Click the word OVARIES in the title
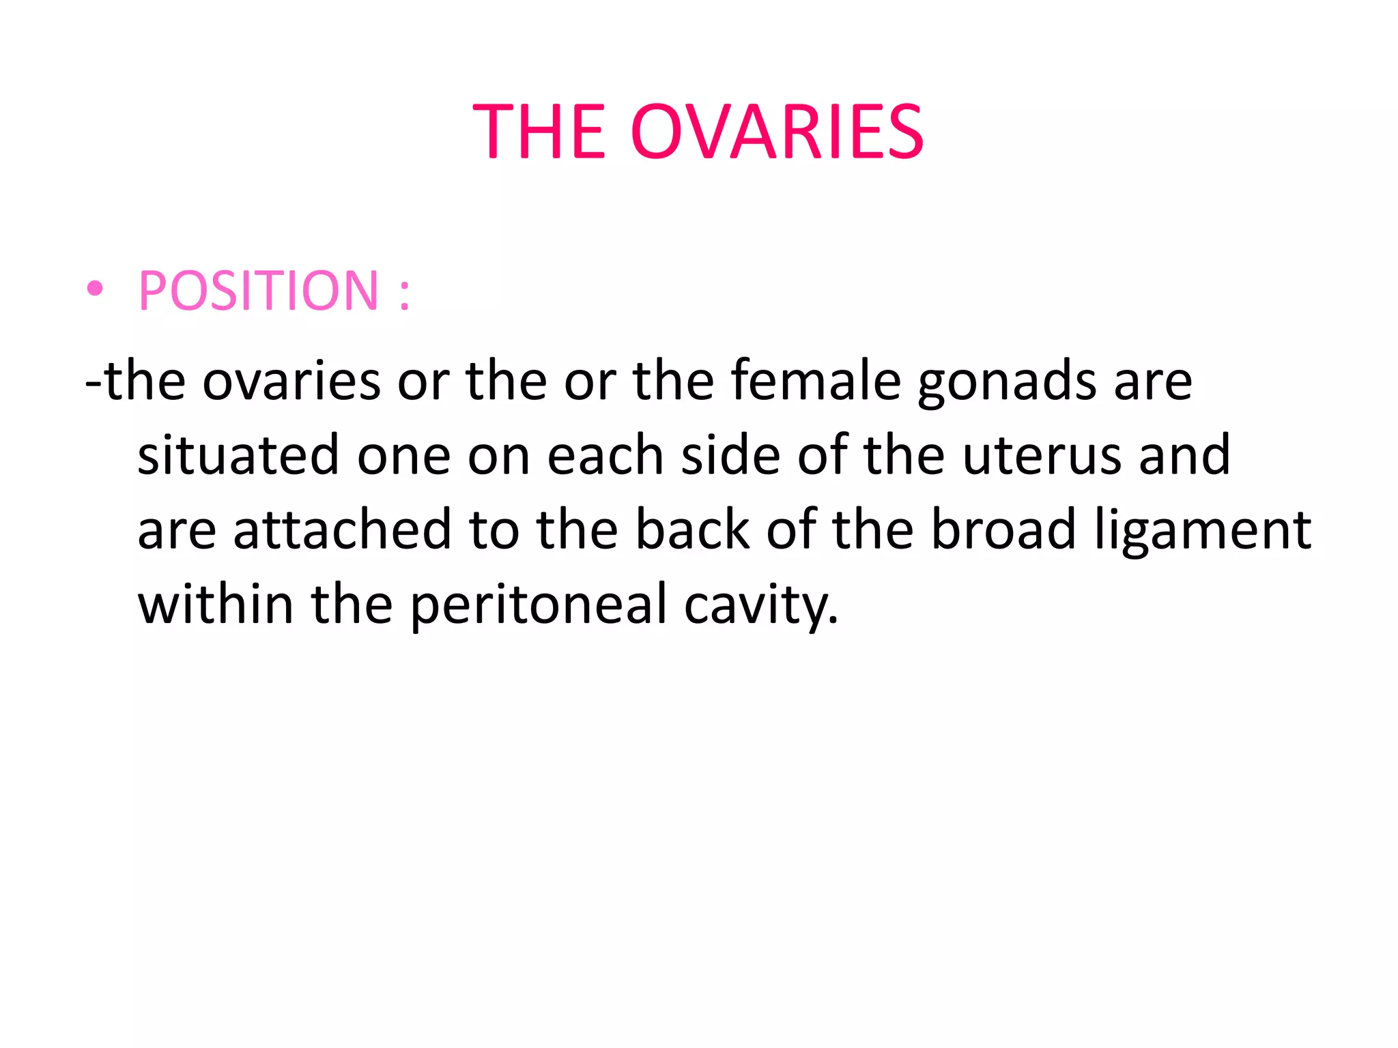777,132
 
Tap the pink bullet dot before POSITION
95,289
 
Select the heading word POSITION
258,291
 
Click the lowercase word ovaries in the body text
291,381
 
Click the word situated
238,454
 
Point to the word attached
342,529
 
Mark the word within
216,604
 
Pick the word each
605,454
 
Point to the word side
731,454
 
